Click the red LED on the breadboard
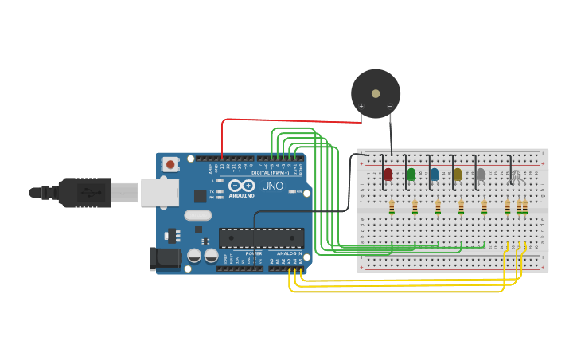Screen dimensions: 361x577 388,174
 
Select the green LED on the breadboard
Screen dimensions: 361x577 411,174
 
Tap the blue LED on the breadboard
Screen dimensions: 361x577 435,174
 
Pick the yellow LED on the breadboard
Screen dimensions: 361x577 458,174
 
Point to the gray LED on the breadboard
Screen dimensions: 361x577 481,174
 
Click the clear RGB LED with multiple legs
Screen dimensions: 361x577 516,175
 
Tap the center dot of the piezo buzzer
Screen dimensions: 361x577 376,93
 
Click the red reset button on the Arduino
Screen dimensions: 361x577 170,164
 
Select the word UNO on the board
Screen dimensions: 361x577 272,186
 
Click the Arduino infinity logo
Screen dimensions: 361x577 241,186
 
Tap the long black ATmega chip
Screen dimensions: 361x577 261,237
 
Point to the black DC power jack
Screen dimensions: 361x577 165,257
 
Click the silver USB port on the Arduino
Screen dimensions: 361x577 159,192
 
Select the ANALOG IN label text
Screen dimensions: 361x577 289,253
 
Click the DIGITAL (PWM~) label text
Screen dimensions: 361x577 271,172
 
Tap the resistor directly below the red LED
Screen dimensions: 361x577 392,207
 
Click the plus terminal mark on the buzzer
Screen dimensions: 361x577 361,106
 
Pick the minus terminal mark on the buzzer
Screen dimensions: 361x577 390,106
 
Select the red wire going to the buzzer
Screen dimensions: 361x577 287,120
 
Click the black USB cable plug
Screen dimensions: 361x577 84,192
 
